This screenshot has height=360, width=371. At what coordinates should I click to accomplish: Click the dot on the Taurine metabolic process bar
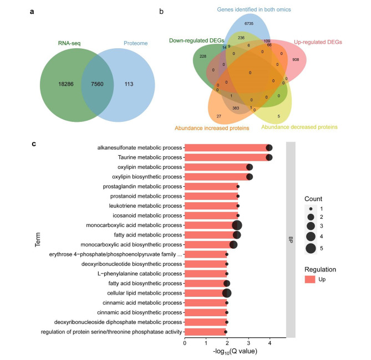point(269,157)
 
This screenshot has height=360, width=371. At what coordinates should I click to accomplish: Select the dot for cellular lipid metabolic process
point(226,293)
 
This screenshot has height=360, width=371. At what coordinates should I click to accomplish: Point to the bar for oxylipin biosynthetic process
point(216,177)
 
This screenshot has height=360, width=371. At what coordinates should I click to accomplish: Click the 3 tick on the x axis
point(248,343)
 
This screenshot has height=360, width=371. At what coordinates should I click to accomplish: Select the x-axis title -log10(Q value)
point(235,353)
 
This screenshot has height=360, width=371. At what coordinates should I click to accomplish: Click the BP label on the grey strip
point(290,241)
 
